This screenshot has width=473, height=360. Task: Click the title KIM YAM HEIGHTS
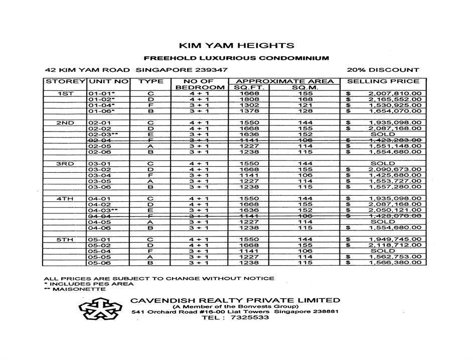coord(236,46)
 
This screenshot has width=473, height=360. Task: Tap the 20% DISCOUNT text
coord(382,70)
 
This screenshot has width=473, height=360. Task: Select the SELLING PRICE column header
coord(383,81)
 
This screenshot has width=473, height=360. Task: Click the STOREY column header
coord(65,81)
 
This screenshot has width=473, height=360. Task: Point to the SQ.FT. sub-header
coord(249,87)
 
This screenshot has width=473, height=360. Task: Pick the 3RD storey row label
coord(65,164)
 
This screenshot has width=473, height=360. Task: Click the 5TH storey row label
coord(65,239)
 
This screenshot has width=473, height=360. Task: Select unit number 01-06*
coord(102,111)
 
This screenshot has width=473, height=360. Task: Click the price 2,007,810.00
coord(395,93)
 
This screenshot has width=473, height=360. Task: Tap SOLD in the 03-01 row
coord(383,164)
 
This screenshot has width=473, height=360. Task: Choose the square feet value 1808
coord(249,99)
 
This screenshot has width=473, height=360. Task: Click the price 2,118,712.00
coord(395,246)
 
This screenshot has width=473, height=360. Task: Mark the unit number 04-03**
coord(103,210)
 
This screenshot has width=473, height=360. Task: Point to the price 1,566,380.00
coord(395,263)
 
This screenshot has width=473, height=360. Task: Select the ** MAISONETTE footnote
coord(75,289)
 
